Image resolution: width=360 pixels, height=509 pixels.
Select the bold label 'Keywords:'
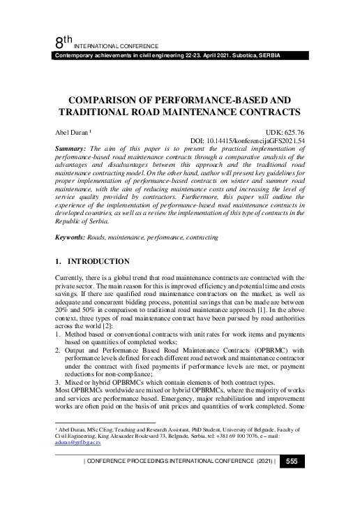coord(72,238)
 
